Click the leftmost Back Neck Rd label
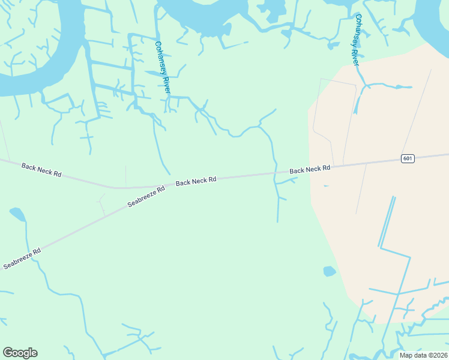click(x=41, y=170)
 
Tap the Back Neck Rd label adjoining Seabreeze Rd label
click(x=196, y=180)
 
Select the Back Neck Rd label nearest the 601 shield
click(x=310, y=170)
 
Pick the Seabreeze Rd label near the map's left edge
click(x=22, y=258)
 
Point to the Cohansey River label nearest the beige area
click(x=356, y=40)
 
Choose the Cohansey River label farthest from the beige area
click(x=163, y=67)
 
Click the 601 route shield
click(x=408, y=158)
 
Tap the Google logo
click(x=20, y=353)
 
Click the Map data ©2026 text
click(x=423, y=355)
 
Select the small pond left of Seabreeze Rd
click(x=17, y=214)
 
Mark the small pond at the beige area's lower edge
click(x=329, y=271)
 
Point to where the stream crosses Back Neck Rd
click(x=276, y=173)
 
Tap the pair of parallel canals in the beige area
click(x=387, y=222)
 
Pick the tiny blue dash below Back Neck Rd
click(x=326, y=186)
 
